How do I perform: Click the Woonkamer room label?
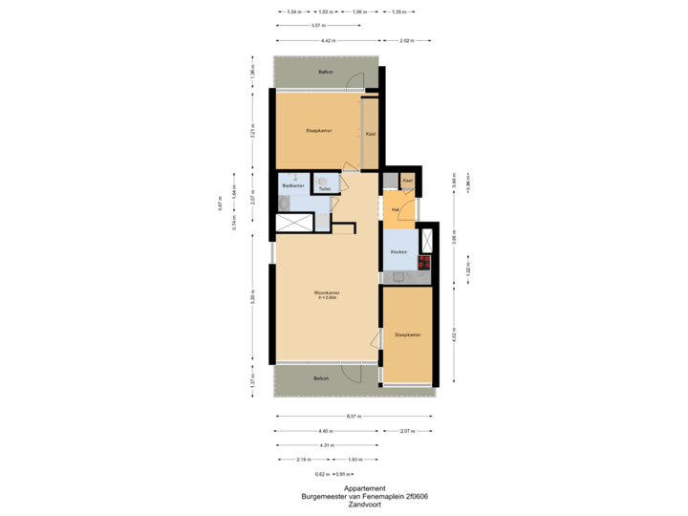click(327, 292)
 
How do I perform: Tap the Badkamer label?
click(292, 185)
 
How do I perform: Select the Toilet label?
click(324, 189)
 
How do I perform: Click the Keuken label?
click(398, 252)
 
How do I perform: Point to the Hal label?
click(395, 209)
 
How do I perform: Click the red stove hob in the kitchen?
click(424, 260)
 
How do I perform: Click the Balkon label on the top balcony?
click(326, 73)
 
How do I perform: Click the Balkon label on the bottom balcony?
click(322, 378)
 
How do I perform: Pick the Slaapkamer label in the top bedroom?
click(318, 130)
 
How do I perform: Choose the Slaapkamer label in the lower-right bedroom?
click(406, 334)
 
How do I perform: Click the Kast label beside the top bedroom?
click(370, 134)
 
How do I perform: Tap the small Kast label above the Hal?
click(407, 180)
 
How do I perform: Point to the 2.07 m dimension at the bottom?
click(407, 431)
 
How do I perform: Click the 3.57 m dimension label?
click(315, 26)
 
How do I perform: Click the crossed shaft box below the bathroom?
click(293, 223)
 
